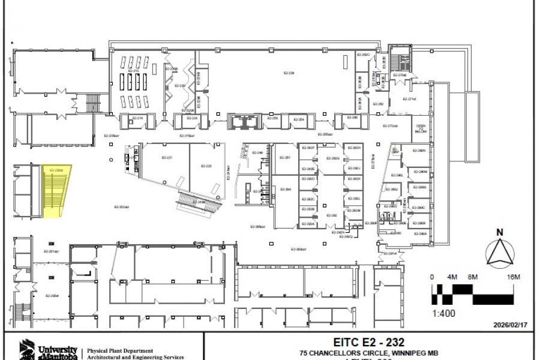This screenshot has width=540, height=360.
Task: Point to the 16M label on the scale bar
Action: point(513,277)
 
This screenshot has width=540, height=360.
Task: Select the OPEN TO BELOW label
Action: point(421,128)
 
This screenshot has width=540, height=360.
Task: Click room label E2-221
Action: point(167,158)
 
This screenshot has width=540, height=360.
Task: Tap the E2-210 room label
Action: point(134,71)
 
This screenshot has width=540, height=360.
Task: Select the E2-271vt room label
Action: point(410,99)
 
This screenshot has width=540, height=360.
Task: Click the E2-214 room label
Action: point(137,118)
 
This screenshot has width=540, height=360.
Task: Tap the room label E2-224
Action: point(192,118)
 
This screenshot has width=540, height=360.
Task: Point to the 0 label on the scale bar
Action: point(433,277)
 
